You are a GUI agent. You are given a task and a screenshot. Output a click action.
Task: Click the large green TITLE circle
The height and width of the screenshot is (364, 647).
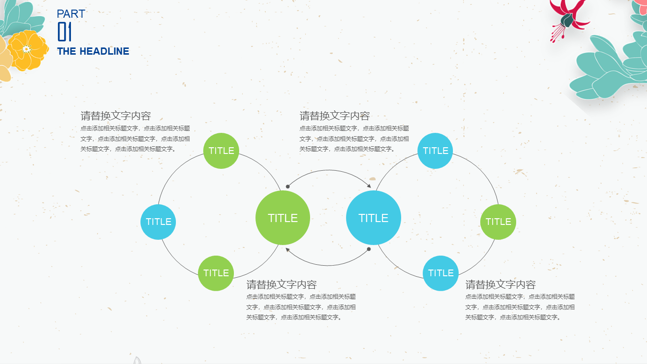(x=283, y=218)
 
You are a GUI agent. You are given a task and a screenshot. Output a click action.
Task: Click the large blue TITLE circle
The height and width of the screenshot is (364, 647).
(x=373, y=218)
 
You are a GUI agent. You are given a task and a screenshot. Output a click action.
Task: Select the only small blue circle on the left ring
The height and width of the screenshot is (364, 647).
(x=158, y=222)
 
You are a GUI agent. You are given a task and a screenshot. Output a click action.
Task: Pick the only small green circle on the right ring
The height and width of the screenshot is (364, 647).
(x=498, y=222)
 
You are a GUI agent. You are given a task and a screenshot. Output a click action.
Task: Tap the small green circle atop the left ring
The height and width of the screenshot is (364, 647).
(x=221, y=151)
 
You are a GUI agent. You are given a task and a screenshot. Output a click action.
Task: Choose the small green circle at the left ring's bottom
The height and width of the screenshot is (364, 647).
(x=216, y=273)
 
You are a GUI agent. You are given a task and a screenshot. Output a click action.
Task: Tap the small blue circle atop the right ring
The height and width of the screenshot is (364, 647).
(x=435, y=151)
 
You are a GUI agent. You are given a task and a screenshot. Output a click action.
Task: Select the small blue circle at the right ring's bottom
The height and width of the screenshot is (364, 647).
(x=440, y=273)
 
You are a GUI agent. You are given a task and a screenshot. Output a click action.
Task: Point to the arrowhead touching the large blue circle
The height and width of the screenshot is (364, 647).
(x=369, y=186)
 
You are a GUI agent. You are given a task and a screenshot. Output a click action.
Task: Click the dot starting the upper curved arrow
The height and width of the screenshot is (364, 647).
(x=288, y=187)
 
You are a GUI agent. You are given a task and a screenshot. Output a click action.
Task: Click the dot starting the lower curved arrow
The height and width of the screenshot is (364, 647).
(x=369, y=249)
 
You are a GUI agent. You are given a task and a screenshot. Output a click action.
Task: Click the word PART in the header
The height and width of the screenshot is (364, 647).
(x=71, y=14)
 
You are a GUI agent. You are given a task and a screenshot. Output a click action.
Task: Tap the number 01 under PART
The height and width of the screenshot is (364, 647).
(x=65, y=32)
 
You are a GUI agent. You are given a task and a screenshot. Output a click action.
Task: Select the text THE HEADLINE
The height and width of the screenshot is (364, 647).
(x=93, y=51)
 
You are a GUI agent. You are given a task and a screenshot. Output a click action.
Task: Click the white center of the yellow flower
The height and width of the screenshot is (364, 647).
(x=26, y=49)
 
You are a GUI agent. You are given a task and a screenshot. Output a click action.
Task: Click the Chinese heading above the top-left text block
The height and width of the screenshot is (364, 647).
(x=116, y=116)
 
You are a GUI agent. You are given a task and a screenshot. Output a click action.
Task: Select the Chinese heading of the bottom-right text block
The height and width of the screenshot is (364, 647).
(x=500, y=284)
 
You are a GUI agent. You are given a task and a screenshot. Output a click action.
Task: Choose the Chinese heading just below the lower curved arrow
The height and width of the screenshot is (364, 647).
(x=281, y=284)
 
